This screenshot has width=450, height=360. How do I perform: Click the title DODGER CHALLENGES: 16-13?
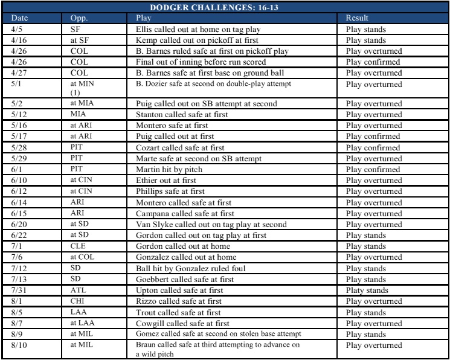tap(225, 7)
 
